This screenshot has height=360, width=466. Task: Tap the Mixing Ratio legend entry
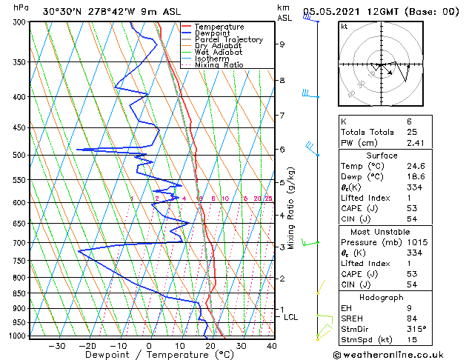(x=219, y=64)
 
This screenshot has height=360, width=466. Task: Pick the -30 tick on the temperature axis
(x=56, y=345)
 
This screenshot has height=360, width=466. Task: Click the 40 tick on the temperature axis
(x=272, y=345)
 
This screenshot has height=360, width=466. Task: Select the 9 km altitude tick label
(x=282, y=44)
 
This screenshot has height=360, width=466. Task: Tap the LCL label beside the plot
(x=291, y=317)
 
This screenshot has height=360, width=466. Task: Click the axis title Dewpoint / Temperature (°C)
(x=149, y=355)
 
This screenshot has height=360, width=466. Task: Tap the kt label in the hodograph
(x=344, y=27)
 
